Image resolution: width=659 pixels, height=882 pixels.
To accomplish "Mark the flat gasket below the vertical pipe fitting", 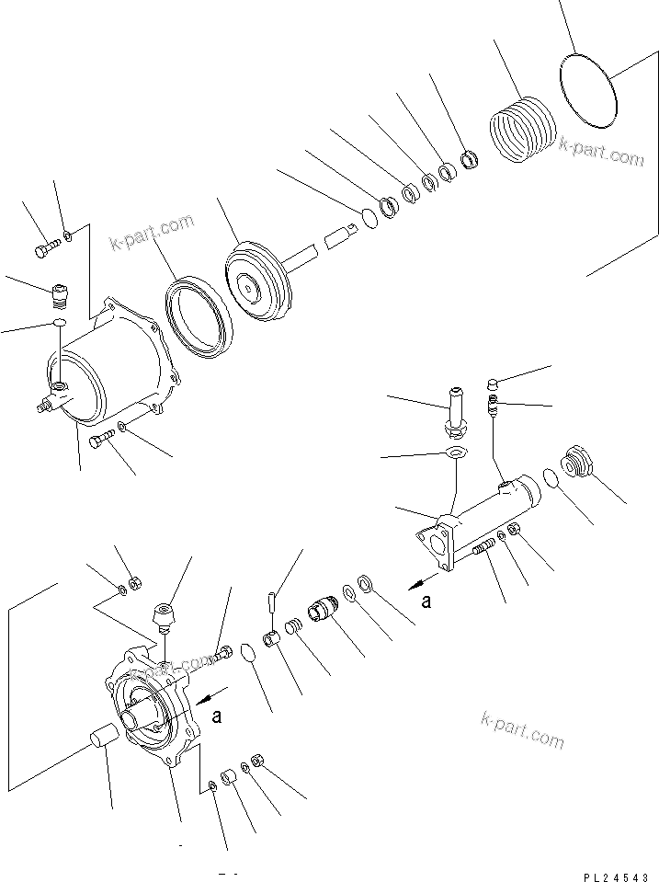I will (453, 452).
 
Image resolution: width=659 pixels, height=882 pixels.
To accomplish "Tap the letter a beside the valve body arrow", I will (426, 602).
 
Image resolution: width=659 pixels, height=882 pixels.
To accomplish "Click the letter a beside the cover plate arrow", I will (216, 717).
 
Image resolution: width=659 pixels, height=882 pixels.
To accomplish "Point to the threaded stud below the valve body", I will (483, 550).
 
